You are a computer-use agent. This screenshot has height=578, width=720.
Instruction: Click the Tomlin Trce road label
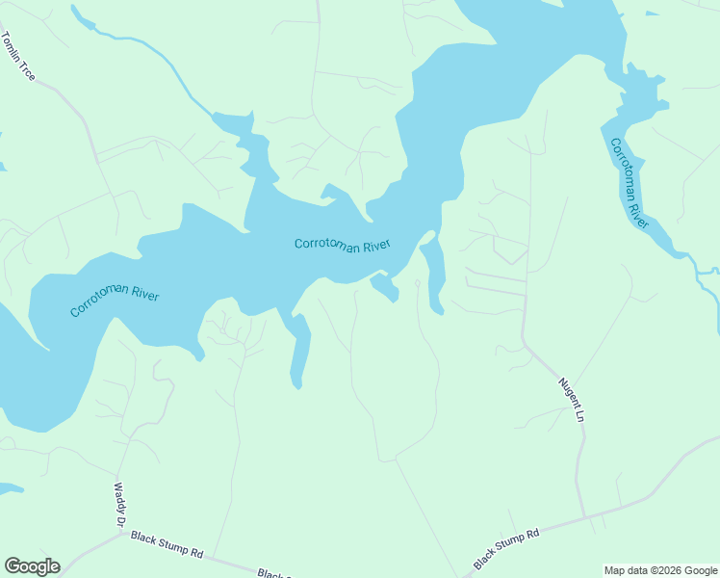(x=18, y=56)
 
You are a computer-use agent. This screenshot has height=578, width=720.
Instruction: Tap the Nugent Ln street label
(x=573, y=400)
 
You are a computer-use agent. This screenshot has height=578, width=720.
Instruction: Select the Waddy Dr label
(x=121, y=505)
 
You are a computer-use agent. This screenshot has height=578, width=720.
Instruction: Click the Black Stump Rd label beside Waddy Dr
(x=167, y=545)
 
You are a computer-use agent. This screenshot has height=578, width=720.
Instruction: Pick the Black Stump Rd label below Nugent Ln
(x=506, y=548)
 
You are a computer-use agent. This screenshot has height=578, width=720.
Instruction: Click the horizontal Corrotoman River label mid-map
(x=342, y=246)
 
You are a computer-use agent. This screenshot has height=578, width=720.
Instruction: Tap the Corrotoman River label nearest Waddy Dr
(x=114, y=302)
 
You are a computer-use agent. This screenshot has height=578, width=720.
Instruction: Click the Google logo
(x=32, y=566)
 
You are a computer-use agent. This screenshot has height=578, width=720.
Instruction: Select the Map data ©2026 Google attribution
(x=660, y=570)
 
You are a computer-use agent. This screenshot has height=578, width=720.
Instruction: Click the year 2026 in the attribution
(x=672, y=570)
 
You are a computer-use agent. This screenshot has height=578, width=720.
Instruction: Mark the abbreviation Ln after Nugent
(x=580, y=416)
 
